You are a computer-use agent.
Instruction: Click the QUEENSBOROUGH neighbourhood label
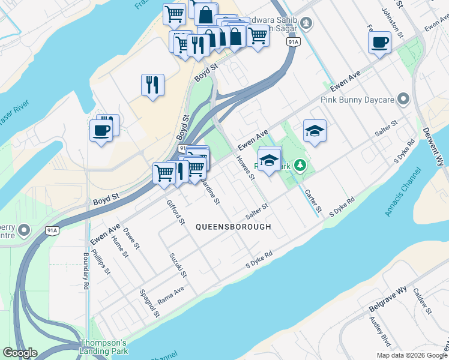(x=234, y=227)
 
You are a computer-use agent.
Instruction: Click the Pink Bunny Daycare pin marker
(x=403, y=98)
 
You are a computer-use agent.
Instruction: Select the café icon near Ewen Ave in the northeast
(x=379, y=43)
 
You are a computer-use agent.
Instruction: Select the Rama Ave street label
(x=170, y=293)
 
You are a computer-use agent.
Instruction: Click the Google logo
(x=20, y=353)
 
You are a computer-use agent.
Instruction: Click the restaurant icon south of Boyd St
(x=152, y=85)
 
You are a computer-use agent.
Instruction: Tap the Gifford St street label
(x=176, y=212)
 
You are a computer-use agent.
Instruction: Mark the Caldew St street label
(x=422, y=300)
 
